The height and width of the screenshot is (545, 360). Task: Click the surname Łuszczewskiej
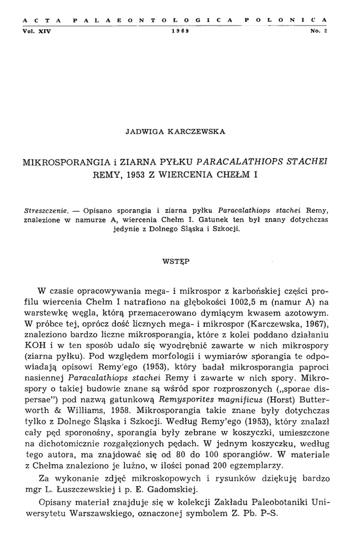[86, 490]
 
